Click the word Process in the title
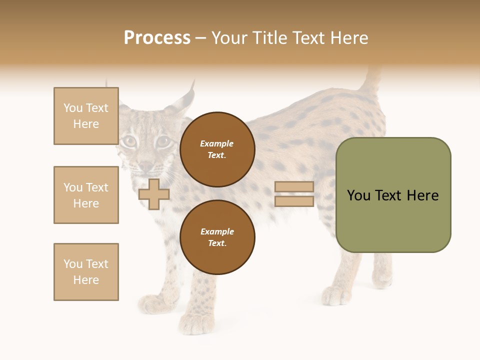point(156,38)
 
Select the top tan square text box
point(86,116)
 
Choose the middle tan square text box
point(86,195)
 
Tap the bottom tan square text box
point(86,272)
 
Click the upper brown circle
point(217,149)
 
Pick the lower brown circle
point(217,237)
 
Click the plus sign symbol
point(153,194)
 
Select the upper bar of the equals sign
point(294,187)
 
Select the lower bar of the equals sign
point(294,201)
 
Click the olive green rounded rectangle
point(393,220)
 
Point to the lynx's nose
point(145,165)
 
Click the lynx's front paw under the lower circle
point(196,322)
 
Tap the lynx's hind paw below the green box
point(336,296)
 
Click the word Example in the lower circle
point(217,231)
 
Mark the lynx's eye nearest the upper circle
point(163,142)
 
